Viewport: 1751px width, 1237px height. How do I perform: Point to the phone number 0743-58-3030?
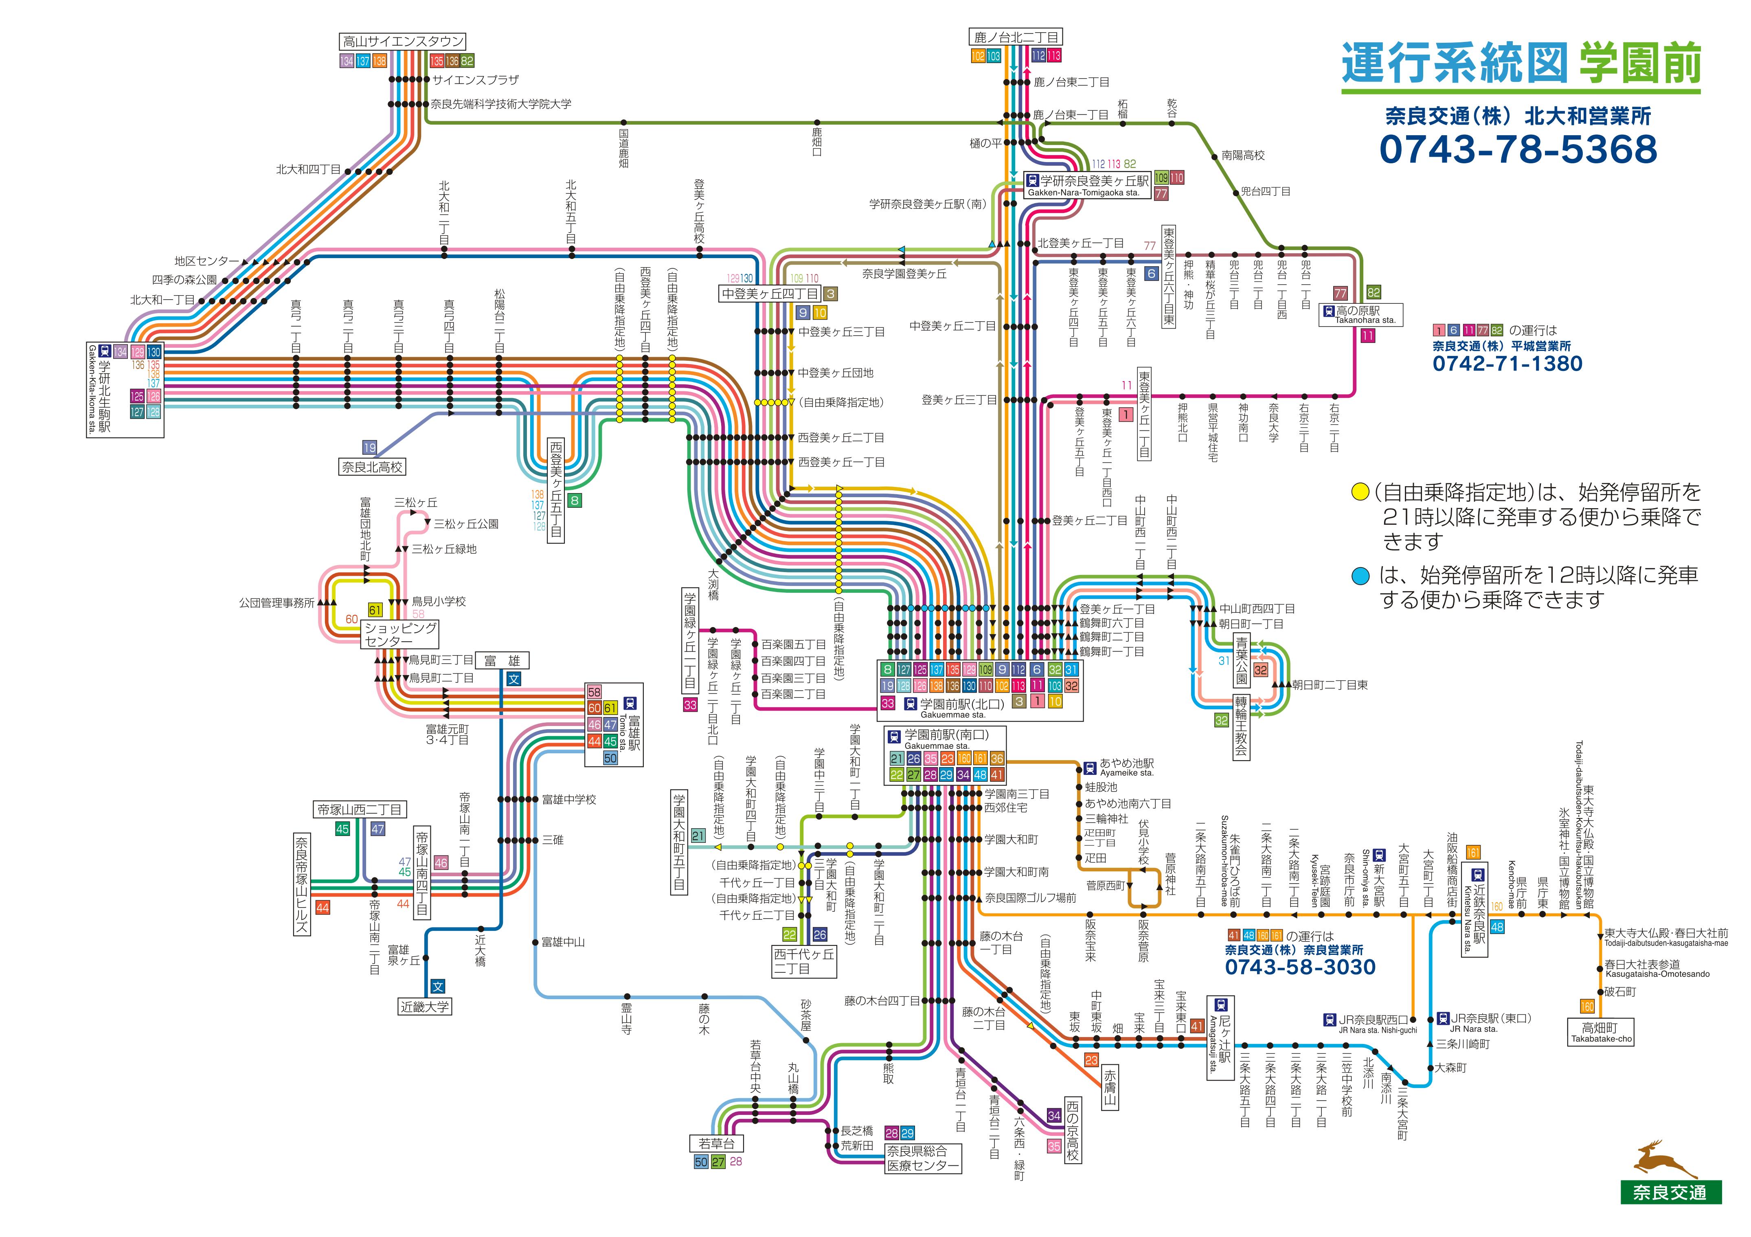tap(1300, 967)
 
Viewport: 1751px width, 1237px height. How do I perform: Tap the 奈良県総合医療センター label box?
tap(922, 1158)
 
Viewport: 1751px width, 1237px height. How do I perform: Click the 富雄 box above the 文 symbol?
tap(502, 660)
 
